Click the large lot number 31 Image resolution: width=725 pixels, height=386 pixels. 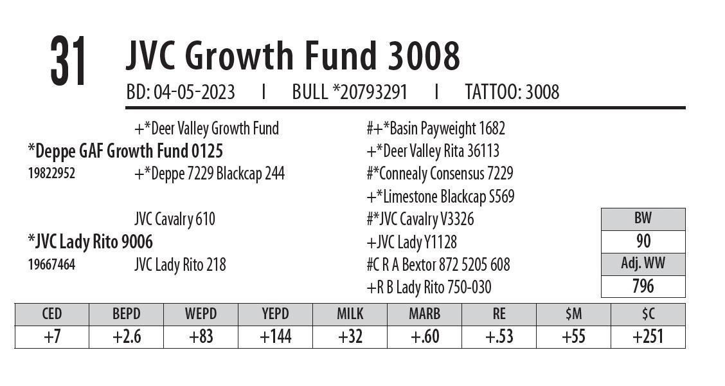[68, 62]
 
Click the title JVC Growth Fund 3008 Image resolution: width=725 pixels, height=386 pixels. [292, 57]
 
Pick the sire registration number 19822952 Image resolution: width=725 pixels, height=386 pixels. [51, 174]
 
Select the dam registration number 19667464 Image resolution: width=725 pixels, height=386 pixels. [51, 264]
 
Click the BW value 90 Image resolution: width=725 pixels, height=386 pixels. [643, 241]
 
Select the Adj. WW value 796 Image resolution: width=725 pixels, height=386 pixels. [643, 286]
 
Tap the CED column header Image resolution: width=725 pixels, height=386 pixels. [51, 314]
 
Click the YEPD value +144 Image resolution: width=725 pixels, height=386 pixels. [275, 337]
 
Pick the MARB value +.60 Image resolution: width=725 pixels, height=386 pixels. [424, 337]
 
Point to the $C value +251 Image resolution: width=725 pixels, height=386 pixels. [648, 337]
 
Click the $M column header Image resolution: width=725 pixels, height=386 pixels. [573, 314]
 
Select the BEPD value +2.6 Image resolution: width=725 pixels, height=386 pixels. [126, 337]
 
